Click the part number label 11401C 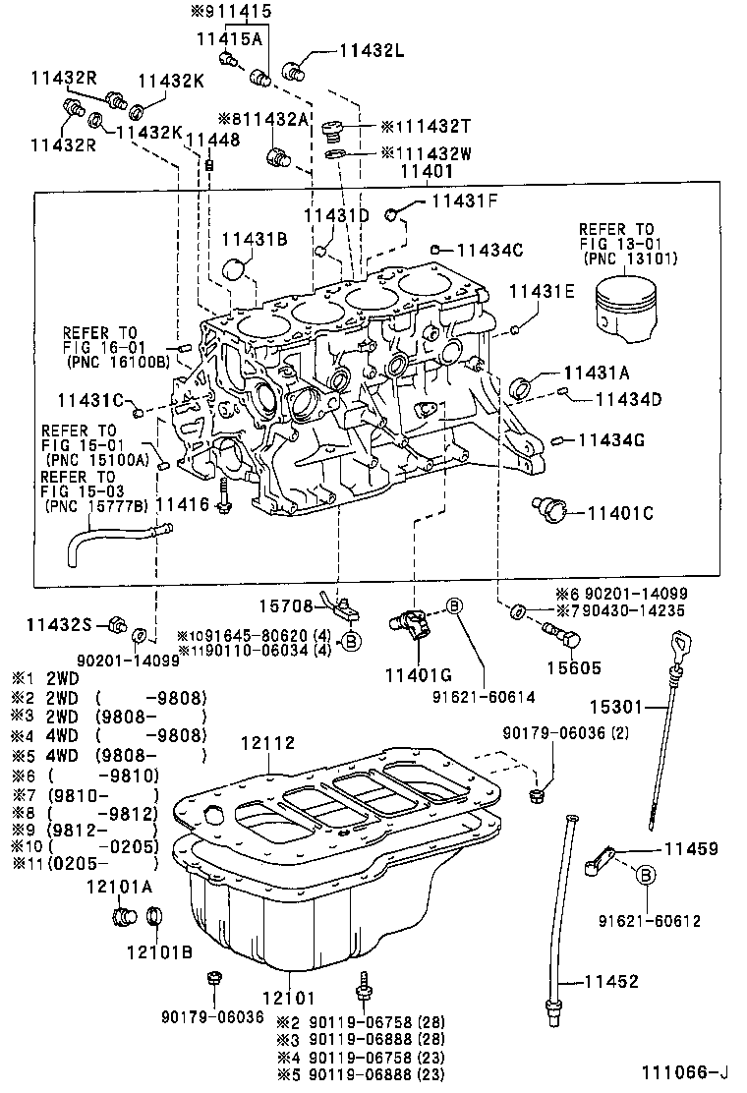click(x=621, y=512)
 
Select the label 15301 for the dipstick click(x=615, y=706)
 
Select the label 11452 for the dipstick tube click(x=611, y=981)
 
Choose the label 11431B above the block click(x=254, y=239)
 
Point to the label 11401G click(x=418, y=675)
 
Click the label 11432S click(x=58, y=624)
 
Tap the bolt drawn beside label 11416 click(x=226, y=497)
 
